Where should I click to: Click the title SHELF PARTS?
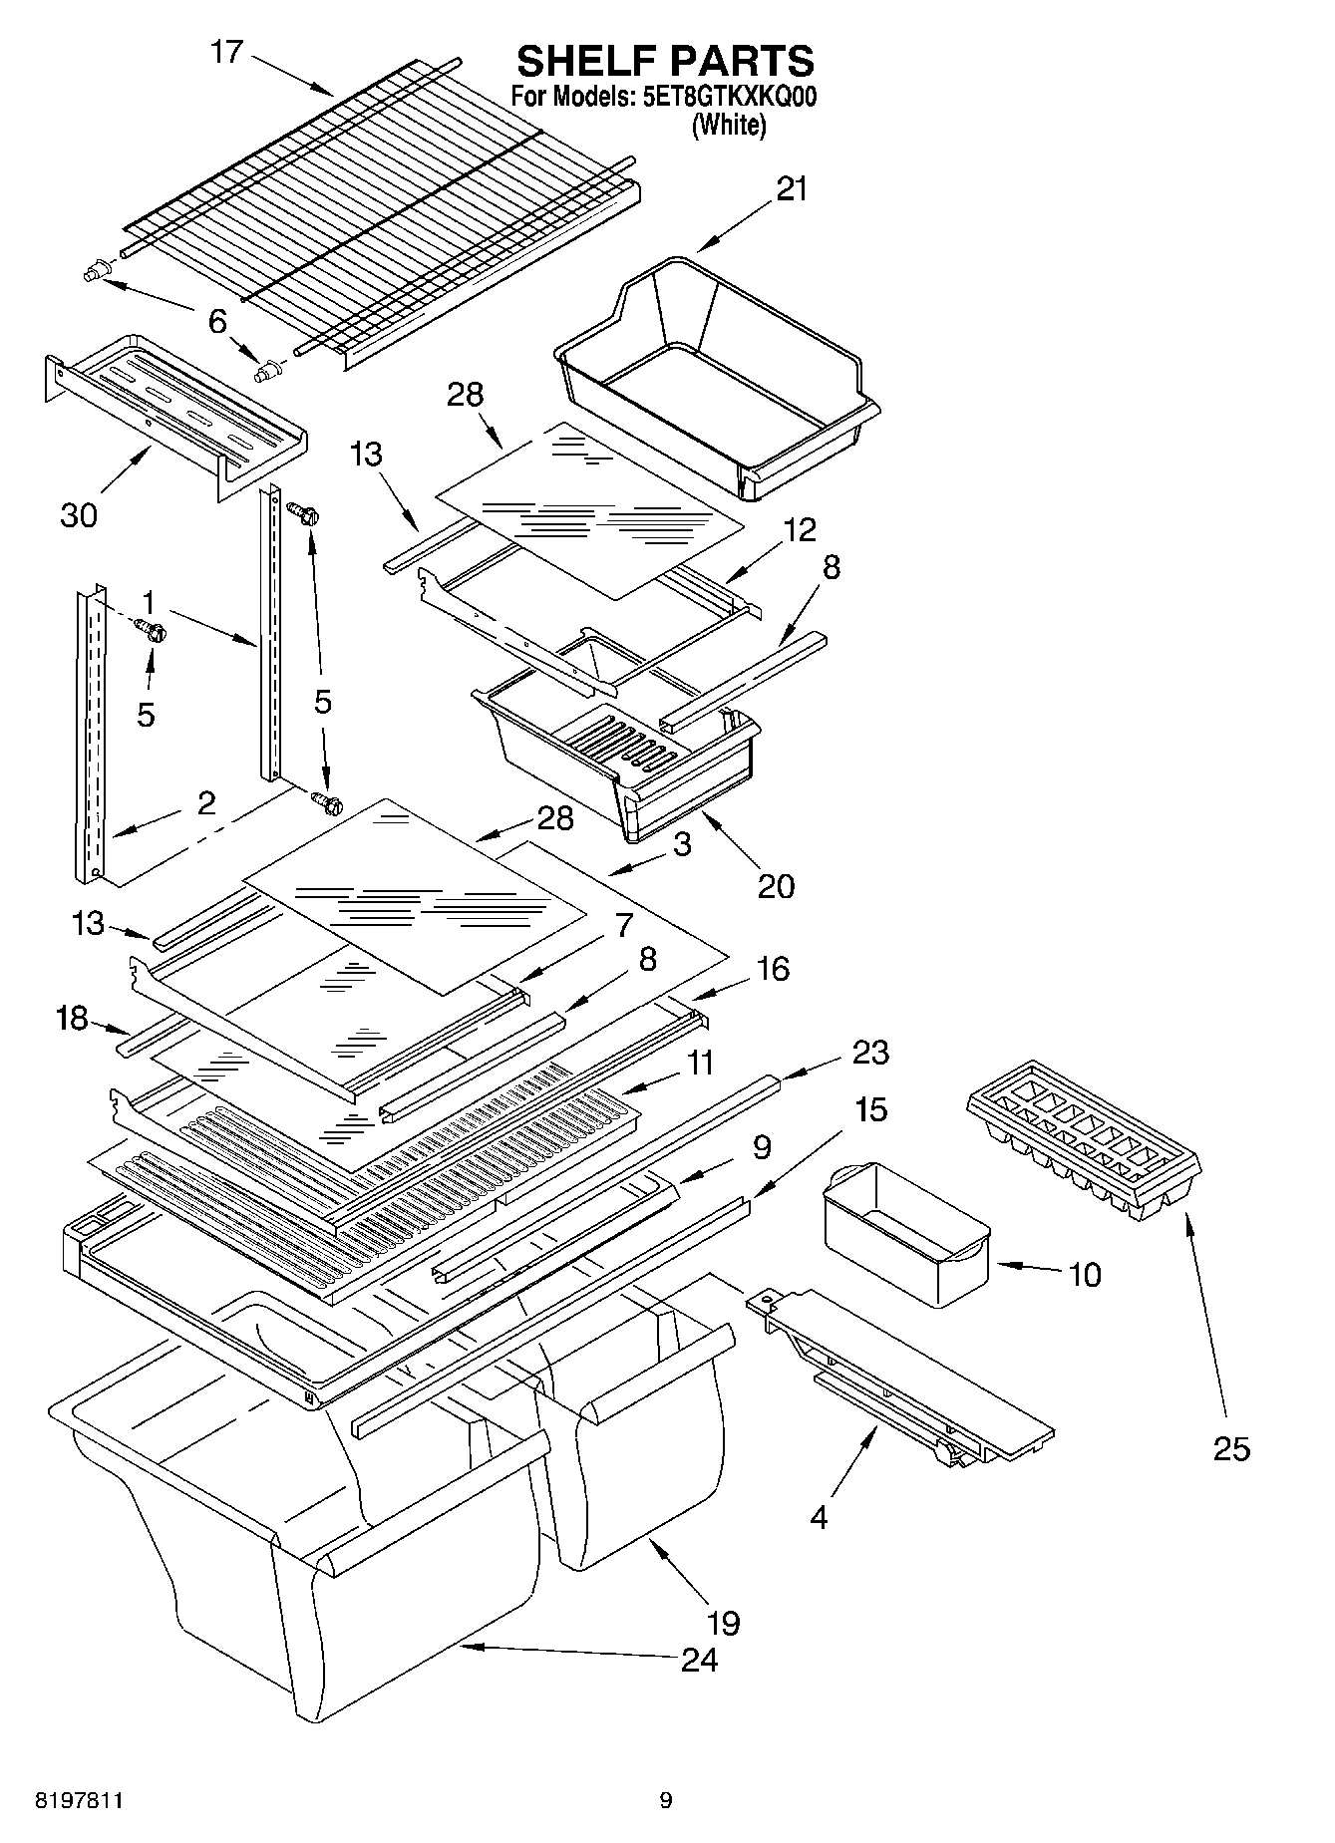coord(665,62)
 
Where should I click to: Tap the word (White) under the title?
coord(729,126)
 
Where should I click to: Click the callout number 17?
coord(227,52)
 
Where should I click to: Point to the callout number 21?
coord(792,188)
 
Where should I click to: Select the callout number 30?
coord(79,514)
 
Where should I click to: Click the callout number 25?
coord(1231,1447)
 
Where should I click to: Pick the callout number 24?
coord(699,1659)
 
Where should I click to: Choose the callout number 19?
coord(723,1623)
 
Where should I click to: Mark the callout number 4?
coord(819,1518)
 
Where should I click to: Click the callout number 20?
coord(776,885)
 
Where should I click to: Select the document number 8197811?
coord(80,1800)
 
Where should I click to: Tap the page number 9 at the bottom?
coord(665,1800)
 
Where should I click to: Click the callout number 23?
coord(870,1053)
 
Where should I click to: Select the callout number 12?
coord(799,529)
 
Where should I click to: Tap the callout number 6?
coord(217,321)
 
